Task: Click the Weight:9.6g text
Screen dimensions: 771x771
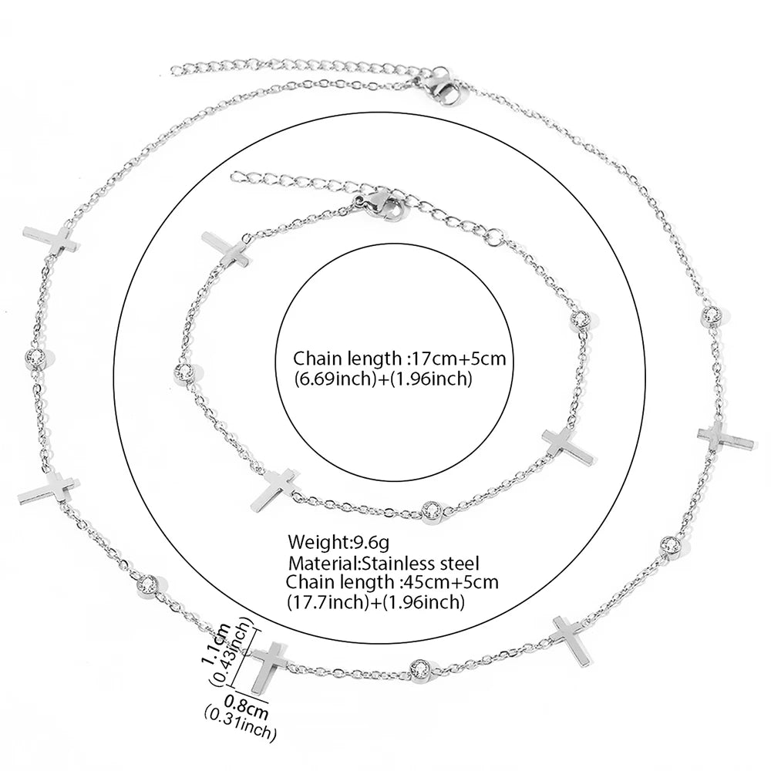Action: [338, 542]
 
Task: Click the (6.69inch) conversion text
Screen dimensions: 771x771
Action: [334, 379]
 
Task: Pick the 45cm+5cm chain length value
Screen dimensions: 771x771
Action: [450, 582]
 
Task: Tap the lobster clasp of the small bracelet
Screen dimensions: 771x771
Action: [383, 207]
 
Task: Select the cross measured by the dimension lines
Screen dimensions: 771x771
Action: [269, 666]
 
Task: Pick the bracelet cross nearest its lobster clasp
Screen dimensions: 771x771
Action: [226, 250]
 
